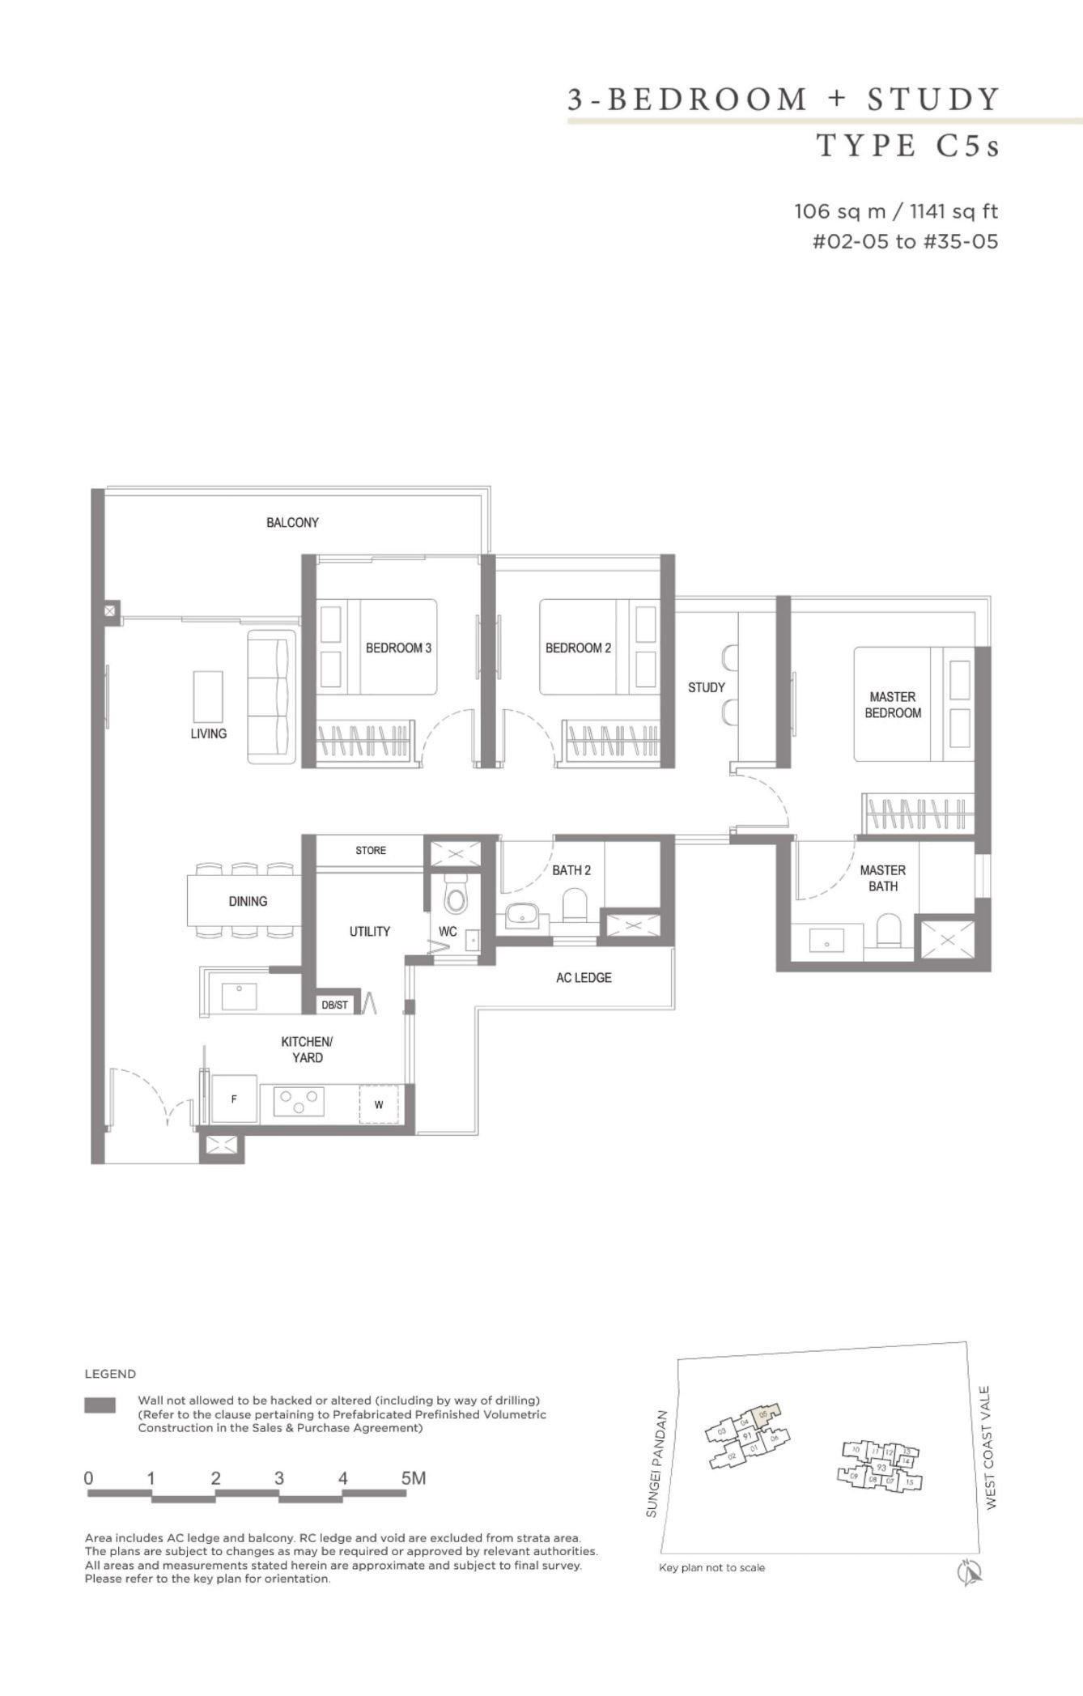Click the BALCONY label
point(292,523)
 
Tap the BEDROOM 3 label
point(398,648)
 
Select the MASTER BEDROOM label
point(893,704)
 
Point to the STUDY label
point(706,687)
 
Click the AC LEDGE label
point(584,978)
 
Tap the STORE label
point(371,850)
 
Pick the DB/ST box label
point(334,1005)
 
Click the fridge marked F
point(234,1099)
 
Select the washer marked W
point(379,1104)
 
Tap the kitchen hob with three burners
point(299,1101)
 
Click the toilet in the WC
point(456,896)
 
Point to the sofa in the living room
point(271,696)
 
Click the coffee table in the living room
point(208,696)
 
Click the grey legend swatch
point(100,1405)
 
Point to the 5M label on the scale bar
point(413,1477)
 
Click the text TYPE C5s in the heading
point(907,146)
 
